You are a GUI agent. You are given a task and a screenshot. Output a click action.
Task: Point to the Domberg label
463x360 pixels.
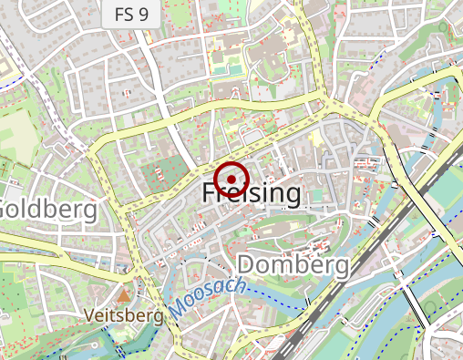(x=293, y=265)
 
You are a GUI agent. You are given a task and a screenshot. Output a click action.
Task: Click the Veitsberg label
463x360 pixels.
(x=123, y=315)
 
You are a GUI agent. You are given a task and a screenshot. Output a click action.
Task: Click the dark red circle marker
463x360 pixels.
(x=233, y=177)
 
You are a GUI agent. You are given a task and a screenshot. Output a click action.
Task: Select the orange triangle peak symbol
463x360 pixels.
(x=123, y=295)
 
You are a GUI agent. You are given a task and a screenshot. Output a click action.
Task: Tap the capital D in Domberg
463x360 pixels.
(x=247, y=265)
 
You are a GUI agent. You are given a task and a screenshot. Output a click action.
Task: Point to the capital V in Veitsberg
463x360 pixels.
(x=87, y=315)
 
